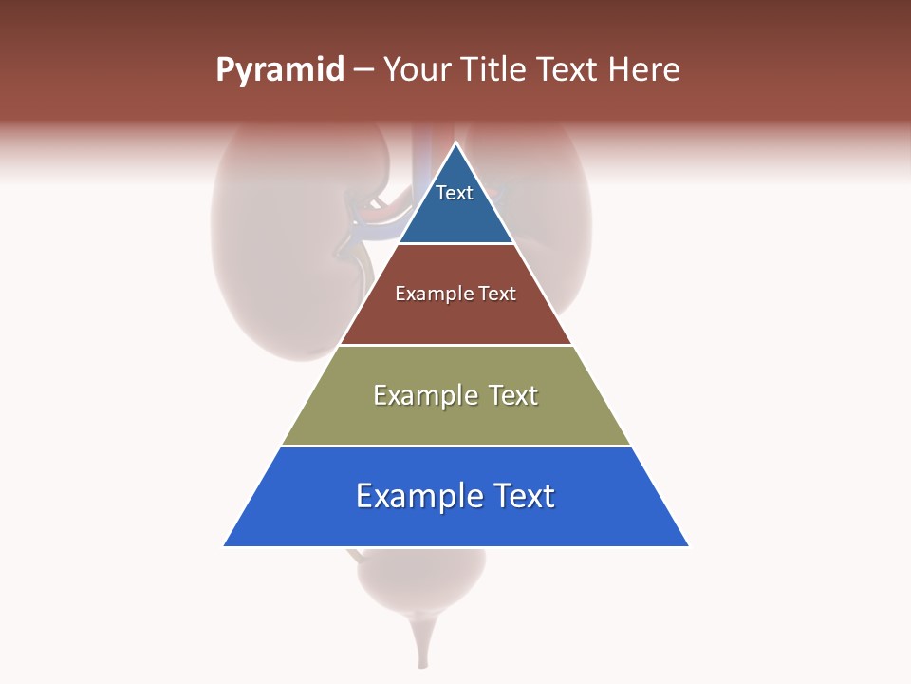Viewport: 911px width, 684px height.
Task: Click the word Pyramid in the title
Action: (x=280, y=69)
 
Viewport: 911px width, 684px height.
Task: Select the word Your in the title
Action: (x=417, y=69)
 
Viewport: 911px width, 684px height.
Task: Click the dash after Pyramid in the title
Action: (x=363, y=70)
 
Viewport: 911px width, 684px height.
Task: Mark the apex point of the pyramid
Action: (x=455, y=143)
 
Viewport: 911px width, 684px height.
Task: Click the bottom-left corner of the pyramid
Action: (x=225, y=545)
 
